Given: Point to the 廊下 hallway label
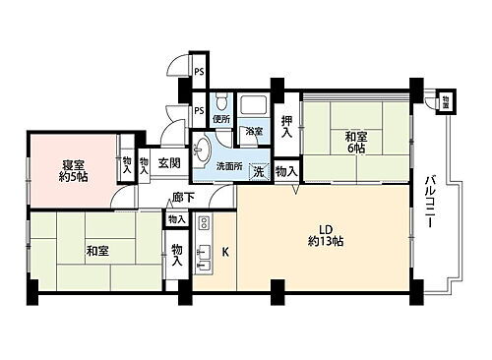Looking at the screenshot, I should (181, 197).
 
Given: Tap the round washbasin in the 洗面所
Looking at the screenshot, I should (204, 150).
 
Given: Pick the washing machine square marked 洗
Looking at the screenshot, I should (258, 170).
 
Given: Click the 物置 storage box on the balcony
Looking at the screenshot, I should (447, 100).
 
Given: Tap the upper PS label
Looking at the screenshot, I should (198, 71).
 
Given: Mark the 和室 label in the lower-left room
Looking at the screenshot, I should (96, 251).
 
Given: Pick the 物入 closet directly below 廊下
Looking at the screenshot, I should (178, 219).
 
